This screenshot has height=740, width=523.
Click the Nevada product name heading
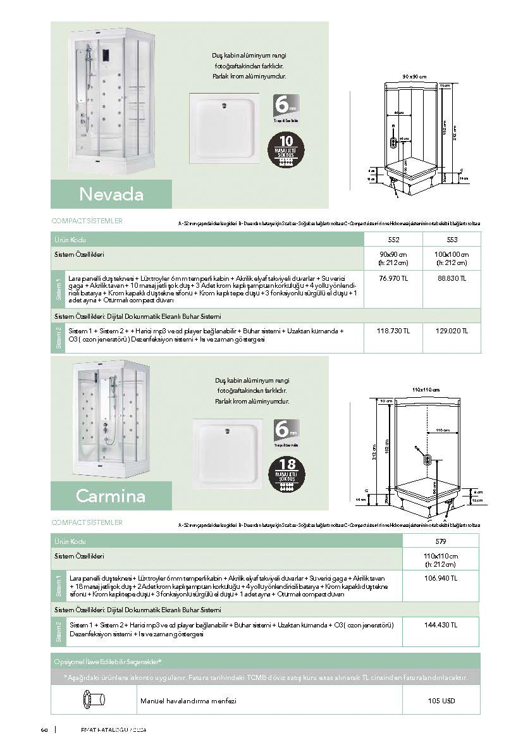(x=111, y=194)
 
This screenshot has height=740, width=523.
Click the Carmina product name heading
(x=111, y=495)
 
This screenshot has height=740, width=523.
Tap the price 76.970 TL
(x=392, y=278)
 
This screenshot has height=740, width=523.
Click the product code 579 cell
(x=441, y=541)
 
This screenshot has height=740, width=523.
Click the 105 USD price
(x=441, y=700)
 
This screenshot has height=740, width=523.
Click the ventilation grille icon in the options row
(x=93, y=700)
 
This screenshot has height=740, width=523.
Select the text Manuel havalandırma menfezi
(x=188, y=701)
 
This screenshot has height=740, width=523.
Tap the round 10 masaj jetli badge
(x=286, y=150)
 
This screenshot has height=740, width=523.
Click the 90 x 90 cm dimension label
(x=414, y=77)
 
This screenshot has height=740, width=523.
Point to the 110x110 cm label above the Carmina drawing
(x=426, y=389)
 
